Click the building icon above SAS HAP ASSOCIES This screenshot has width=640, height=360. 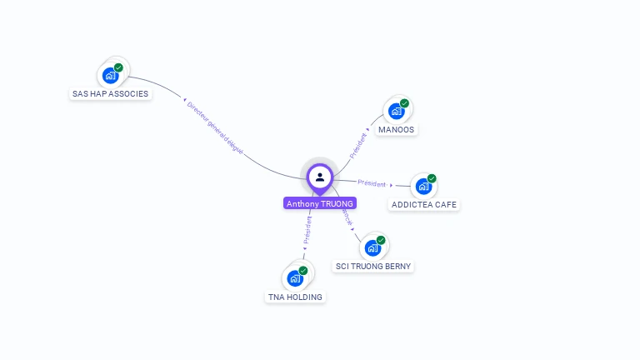click(x=110, y=76)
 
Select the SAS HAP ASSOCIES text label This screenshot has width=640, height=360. click(x=111, y=94)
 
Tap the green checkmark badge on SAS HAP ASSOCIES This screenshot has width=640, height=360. click(x=119, y=67)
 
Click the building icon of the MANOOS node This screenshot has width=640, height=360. click(x=396, y=112)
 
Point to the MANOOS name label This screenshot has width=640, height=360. click(x=396, y=130)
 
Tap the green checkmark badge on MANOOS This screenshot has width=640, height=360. click(x=405, y=103)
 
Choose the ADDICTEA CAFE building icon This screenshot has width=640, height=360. click(x=423, y=187)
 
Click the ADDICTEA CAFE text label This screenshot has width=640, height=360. click(x=424, y=205)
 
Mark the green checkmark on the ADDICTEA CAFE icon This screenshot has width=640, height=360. click(x=432, y=178)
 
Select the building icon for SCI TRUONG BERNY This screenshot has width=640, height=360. click(x=372, y=248)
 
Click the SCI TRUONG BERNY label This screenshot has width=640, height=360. click(x=372, y=267)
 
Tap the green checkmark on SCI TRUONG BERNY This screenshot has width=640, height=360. click(x=382, y=240)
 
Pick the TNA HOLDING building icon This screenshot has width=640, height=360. click(x=295, y=279)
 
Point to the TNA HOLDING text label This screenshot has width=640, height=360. click(x=295, y=297)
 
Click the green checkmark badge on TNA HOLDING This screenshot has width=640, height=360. click(x=303, y=271)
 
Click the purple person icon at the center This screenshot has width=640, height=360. click(x=319, y=177)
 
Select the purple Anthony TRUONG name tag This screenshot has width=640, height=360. click(x=320, y=203)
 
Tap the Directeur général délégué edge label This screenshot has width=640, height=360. click(x=215, y=127)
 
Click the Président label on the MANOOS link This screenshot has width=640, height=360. click(x=357, y=145)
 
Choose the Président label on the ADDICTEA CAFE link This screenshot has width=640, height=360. click(x=372, y=182)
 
